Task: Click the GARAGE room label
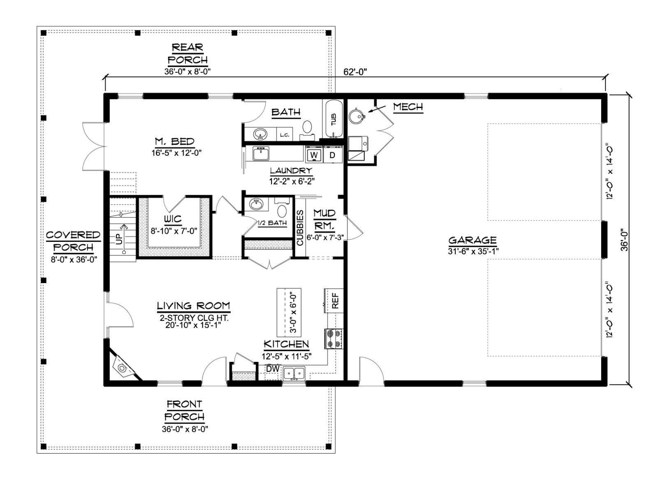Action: pyautogui.click(x=473, y=240)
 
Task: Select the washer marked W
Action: pyautogui.click(x=314, y=155)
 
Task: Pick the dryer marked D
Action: pyautogui.click(x=332, y=155)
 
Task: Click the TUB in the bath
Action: pyautogui.click(x=333, y=119)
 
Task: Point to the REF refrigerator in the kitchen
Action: pyautogui.click(x=334, y=300)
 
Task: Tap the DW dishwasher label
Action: pyautogui.click(x=273, y=369)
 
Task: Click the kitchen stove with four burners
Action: pyautogui.click(x=334, y=339)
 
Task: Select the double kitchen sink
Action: pyautogui.click(x=294, y=373)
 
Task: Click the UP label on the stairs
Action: pyautogui.click(x=119, y=239)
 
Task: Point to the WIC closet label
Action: pyautogui.click(x=173, y=219)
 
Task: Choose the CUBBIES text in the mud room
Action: pyautogui.click(x=300, y=228)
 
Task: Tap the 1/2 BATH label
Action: pyautogui.click(x=272, y=223)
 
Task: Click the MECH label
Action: pyautogui.click(x=408, y=106)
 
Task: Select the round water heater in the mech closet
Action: pyautogui.click(x=357, y=115)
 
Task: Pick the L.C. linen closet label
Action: pyautogui.click(x=285, y=135)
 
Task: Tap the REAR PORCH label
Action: pyautogui.click(x=188, y=53)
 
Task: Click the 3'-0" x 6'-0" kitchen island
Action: pyautogui.click(x=289, y=313)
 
